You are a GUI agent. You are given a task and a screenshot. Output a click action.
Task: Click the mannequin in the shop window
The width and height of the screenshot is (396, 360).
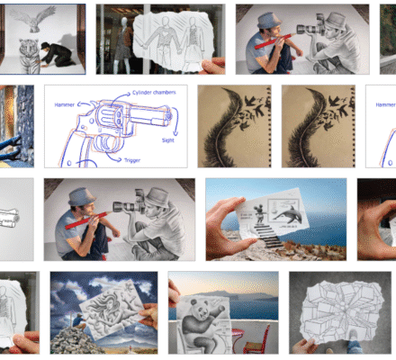click(x=116, y=40)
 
